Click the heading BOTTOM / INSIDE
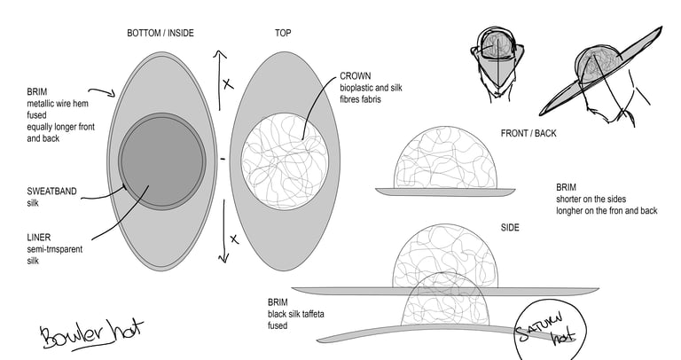[x=160, y=33]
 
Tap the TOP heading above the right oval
[x=283, y=33]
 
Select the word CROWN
[x=356, y=76]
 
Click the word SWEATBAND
[x=51, y=191]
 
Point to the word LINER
[x=39, y=238]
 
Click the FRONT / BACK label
[x=528, y=133]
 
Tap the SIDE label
[x=510, y=228]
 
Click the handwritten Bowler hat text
[x=91, y=333]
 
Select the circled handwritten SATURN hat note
[x=550, y=330]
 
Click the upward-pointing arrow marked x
[x=219, y=81]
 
